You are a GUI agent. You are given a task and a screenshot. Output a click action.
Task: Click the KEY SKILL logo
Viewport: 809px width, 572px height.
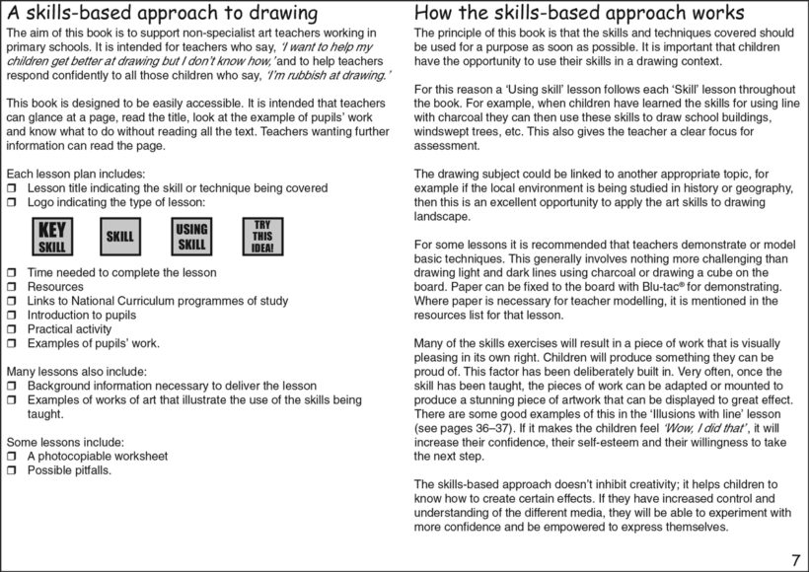(51, 237)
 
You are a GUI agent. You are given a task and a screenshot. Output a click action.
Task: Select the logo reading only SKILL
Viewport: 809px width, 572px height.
(119, 237)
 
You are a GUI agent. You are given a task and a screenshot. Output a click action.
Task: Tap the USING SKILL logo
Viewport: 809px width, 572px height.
(191, 237)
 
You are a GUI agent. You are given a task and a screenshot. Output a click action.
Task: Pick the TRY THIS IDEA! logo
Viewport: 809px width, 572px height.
(262, 237)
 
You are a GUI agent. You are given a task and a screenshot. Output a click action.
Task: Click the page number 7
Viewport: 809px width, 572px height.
(795, 560)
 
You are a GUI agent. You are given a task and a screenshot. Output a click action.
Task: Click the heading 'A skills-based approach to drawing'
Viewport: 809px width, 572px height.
(162, 14)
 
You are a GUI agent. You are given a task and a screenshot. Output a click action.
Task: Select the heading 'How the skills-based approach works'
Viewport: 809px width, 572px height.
(579, 14)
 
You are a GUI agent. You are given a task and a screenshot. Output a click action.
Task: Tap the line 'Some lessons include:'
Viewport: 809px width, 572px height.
(65, 442)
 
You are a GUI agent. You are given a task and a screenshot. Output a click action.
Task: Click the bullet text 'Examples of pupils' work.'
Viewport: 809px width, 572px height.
(93, 343)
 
